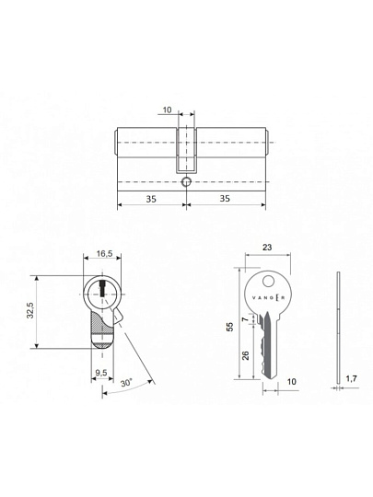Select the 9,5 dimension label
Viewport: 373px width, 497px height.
(x=101, y=373)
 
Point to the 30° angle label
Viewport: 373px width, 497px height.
(x=126, y=383)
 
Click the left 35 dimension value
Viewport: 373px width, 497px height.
(x=151, y=199)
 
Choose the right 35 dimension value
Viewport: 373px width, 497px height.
(x=225, y=199)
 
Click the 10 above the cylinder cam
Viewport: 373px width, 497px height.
(x=167, y=110)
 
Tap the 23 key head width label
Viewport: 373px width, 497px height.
(x=267, y=247)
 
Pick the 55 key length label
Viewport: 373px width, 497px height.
(x=229, y=327)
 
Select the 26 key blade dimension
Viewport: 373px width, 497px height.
(x=246, y=355)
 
